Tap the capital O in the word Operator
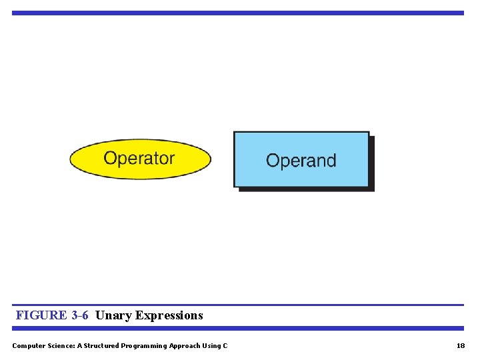(110, 159)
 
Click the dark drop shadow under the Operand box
(307, 189)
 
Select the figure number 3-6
(79, 315)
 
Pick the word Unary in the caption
(113, 315)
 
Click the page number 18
(461, 345)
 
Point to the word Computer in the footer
(29, 345)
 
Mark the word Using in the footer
(211, 345)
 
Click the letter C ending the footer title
(225, 345)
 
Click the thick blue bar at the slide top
(237, 13)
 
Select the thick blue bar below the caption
(237, 328)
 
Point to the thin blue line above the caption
(237, 305)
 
